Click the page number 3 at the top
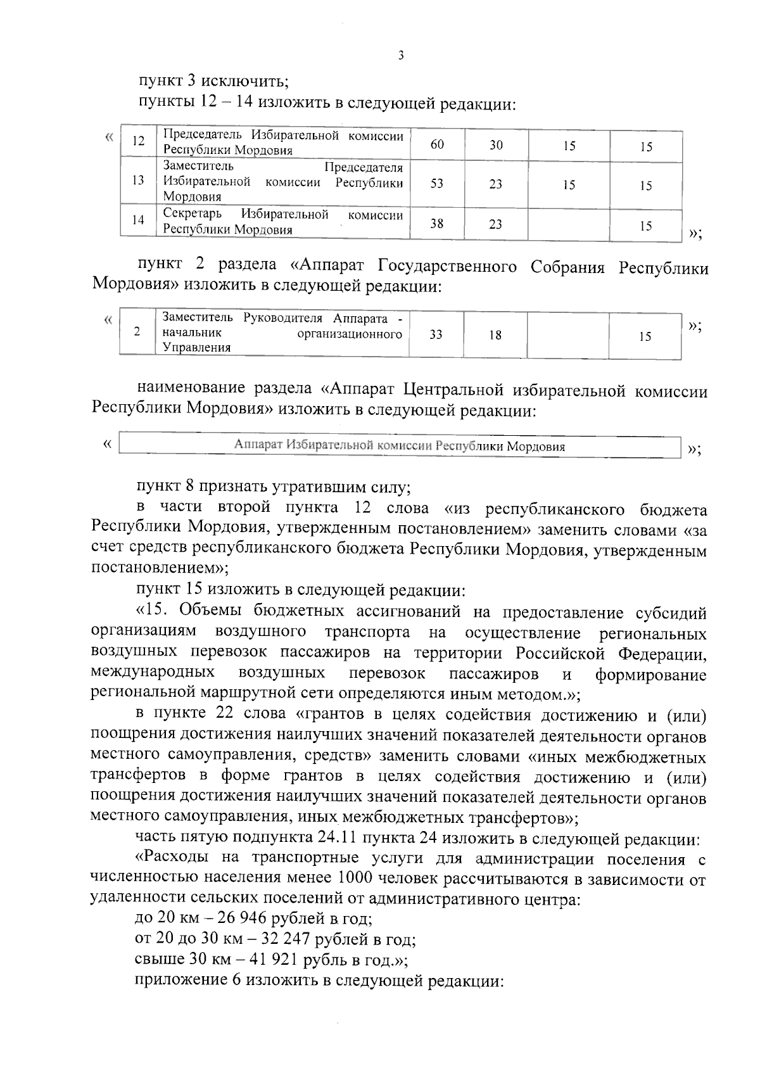point(400,55)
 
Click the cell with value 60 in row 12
point(437,144)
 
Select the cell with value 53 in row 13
point(437,184)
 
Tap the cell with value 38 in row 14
point(437,223)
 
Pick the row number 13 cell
point(138,180)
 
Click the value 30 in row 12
point(496,145)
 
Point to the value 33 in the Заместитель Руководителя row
point(436,334)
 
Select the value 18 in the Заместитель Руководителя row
point(495,335)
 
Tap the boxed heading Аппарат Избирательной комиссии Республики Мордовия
point(400,446)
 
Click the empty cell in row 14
point(569,223)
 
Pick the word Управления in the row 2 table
point(196,348)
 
